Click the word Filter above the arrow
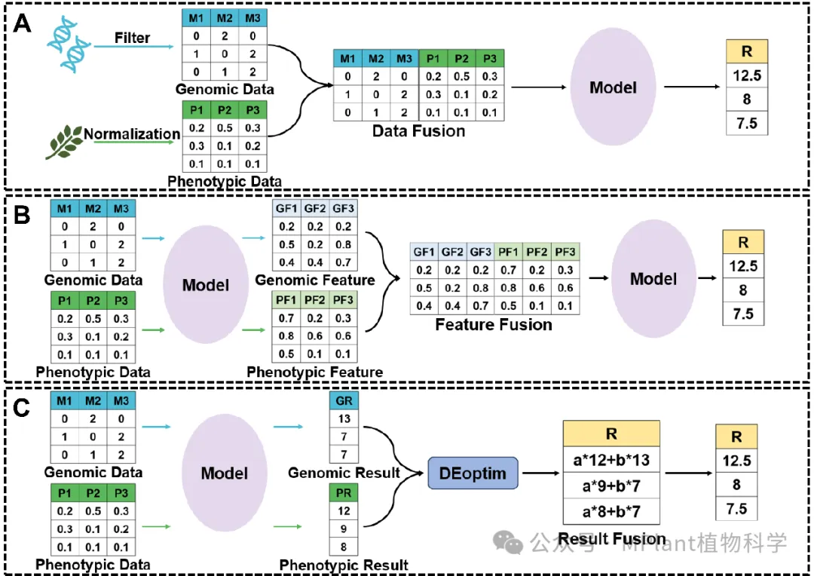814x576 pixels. (x=132, y=37)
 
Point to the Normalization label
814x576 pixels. (x=132, y=134)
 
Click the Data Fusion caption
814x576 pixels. (x=418, y=130)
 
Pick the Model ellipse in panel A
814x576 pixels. (x=613, y=87)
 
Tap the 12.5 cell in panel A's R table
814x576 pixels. (x=746, y=75)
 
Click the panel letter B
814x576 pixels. (x=23, y=215)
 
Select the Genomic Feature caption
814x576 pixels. (x=314, y=280)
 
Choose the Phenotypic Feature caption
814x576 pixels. (x=314, y=372)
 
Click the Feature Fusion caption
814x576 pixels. (x=494, y=325)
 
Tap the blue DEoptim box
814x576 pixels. (x=473, y=473)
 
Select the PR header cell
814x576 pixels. (x=344, y=492)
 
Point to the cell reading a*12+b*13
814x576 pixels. (x=611, y=461)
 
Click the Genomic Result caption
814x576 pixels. (x=344, y=473)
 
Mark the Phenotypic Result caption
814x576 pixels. (x=344, y=565)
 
